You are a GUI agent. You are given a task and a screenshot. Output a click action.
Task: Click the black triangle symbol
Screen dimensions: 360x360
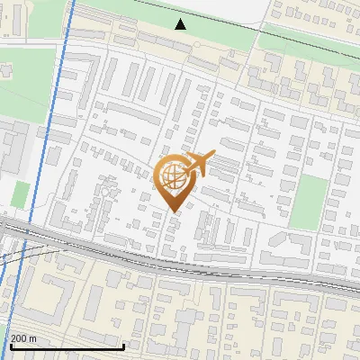[181, 23]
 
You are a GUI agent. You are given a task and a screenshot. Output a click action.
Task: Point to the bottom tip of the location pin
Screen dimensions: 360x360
[174, 211]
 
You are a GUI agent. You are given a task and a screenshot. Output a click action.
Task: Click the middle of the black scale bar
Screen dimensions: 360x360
[67, 346]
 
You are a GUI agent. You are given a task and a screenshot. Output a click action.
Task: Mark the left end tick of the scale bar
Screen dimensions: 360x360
[10, 346]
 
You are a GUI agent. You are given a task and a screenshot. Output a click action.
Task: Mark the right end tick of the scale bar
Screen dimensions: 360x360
[123, 346]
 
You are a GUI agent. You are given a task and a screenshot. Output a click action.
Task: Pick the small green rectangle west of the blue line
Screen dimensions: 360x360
[22, 194]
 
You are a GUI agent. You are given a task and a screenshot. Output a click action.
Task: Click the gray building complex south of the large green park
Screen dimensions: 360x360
[13, 148]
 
